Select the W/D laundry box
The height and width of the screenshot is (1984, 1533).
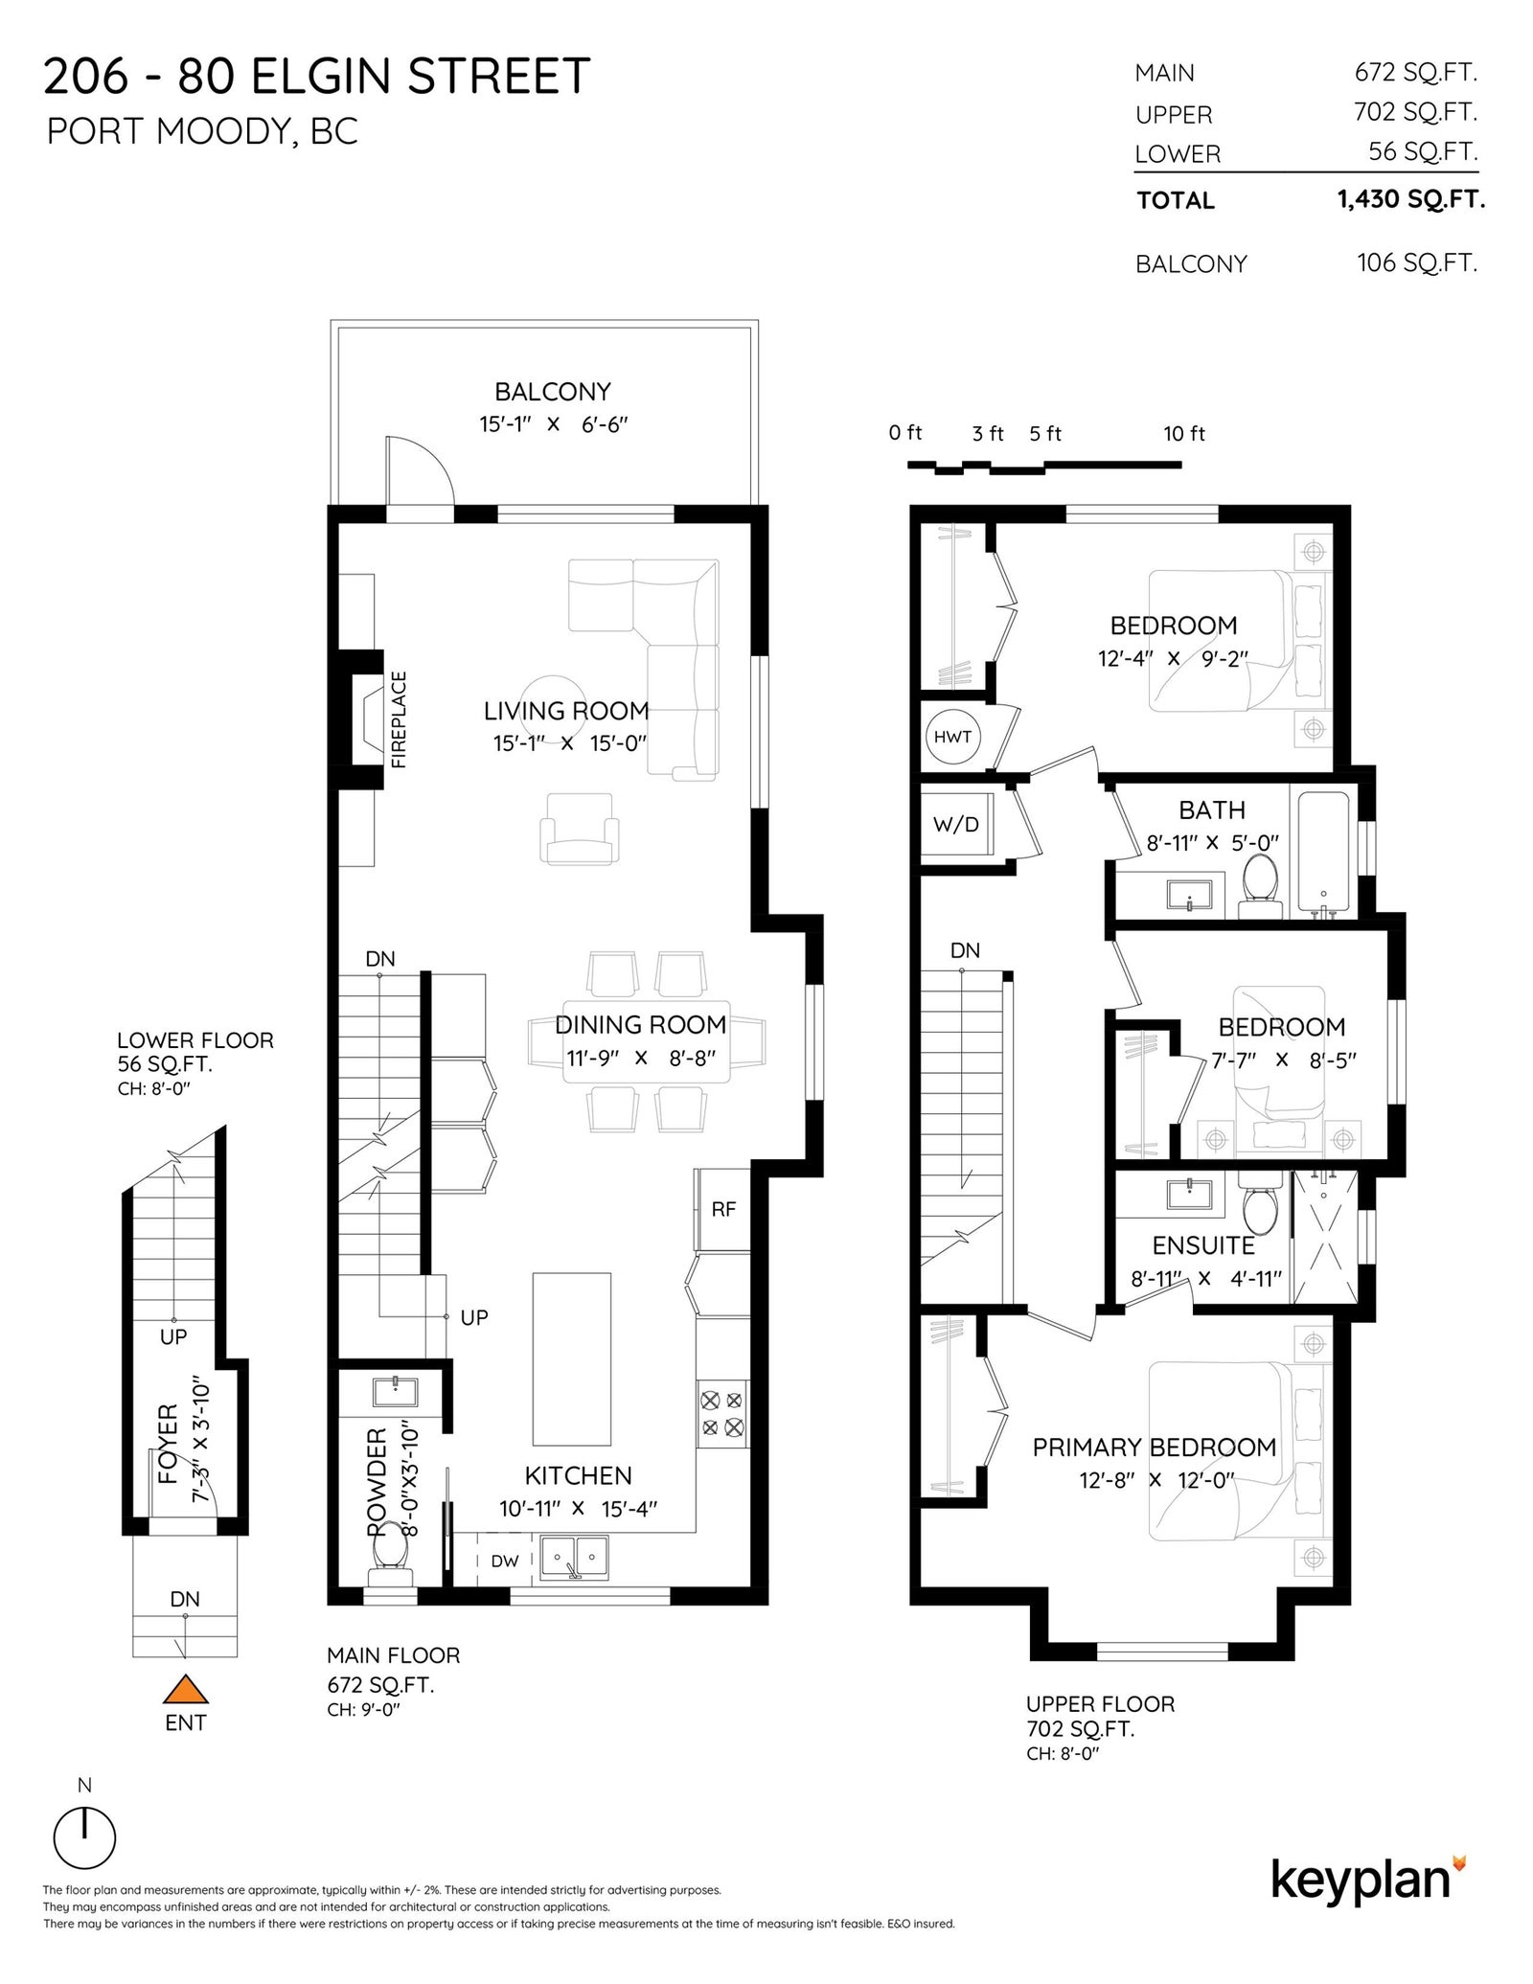click(956, 824)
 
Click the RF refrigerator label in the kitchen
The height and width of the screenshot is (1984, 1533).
click(723, 1209)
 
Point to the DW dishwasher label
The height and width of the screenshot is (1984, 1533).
click(505, 1561)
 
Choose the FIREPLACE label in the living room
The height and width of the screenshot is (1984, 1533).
click(400, 719)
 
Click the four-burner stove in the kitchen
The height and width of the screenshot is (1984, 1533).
click(722, 1413)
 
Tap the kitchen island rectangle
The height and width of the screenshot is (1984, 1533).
click(572, 1358)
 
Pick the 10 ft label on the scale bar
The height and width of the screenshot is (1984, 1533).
click(1184, 434)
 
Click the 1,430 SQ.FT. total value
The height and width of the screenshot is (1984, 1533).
click(1411, 199)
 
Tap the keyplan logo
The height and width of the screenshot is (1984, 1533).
click(1368, 1880)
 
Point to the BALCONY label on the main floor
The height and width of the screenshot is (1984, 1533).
click(553, 392)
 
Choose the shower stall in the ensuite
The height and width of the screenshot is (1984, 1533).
click(1325, 1238)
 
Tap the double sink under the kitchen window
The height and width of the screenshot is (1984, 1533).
click(575, 1558)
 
